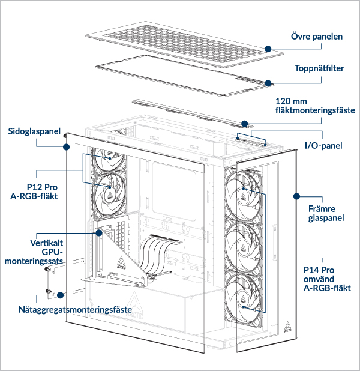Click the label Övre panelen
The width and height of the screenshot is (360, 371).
coord(317,37)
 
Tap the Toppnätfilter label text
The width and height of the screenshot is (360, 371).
coord(319,68)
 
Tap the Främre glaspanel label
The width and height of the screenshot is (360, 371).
coord(326,212)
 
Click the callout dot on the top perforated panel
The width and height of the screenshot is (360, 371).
coord(268,49)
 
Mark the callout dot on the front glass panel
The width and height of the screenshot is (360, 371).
coord(295,196)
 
